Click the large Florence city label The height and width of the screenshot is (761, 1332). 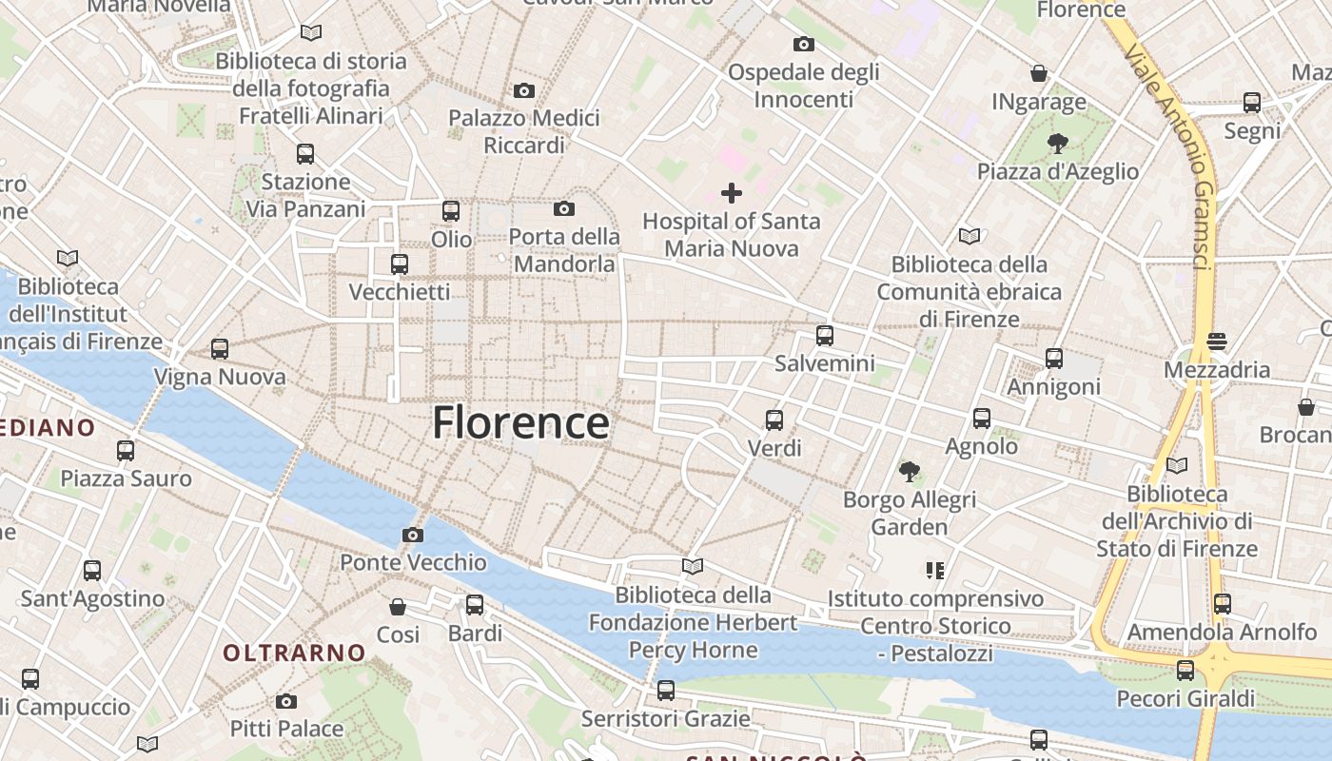(x=520, y=423)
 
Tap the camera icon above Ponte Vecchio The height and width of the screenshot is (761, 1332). (x=412, y=535)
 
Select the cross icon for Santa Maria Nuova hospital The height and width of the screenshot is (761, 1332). (x=731, y=193)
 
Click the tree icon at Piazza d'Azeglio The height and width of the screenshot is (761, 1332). (x=1056, y=144)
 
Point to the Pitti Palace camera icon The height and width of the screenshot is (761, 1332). (x=286, y=702)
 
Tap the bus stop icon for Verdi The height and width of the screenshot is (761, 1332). (x=774, y=420)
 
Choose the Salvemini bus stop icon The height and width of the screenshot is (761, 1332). (x=824, y=336)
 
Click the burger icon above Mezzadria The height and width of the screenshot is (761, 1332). (x=1216, y=341)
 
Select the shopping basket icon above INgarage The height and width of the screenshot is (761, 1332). (x=1039, y=73)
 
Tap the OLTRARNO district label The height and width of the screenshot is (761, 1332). (x=294, y=653)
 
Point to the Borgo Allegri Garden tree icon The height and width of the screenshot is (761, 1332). (x=910, y=471)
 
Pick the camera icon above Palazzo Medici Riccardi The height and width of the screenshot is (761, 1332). (x=523, y=91)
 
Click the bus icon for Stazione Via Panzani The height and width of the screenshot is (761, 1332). (x=305, y=153)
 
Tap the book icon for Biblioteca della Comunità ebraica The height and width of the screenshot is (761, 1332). (x=969, y=236)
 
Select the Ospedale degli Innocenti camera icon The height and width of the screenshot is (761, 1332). (x=803, y=44)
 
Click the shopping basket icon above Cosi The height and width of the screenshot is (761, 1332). (x=398, y=606)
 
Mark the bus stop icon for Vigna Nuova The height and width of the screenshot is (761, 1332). (x=220, y=349)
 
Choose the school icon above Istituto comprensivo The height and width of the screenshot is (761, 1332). (x=934, y=571)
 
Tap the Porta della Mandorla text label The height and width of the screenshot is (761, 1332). (x=564, y=250)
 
